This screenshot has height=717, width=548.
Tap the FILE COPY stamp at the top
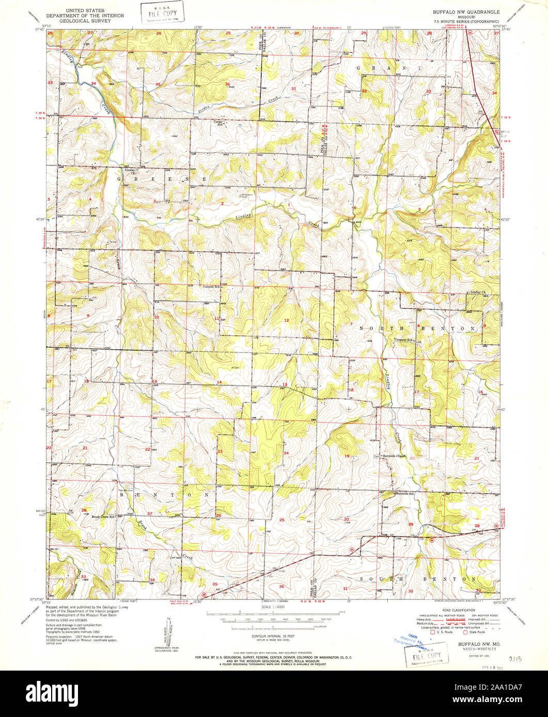pos(159,13)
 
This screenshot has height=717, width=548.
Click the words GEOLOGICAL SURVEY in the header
pos(86,21)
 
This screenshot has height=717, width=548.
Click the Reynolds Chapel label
pos(394,456)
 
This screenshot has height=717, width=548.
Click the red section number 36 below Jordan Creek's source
pos(227,84)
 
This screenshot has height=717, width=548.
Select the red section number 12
pos(286,320)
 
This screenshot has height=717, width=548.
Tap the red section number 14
pos(219,382)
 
